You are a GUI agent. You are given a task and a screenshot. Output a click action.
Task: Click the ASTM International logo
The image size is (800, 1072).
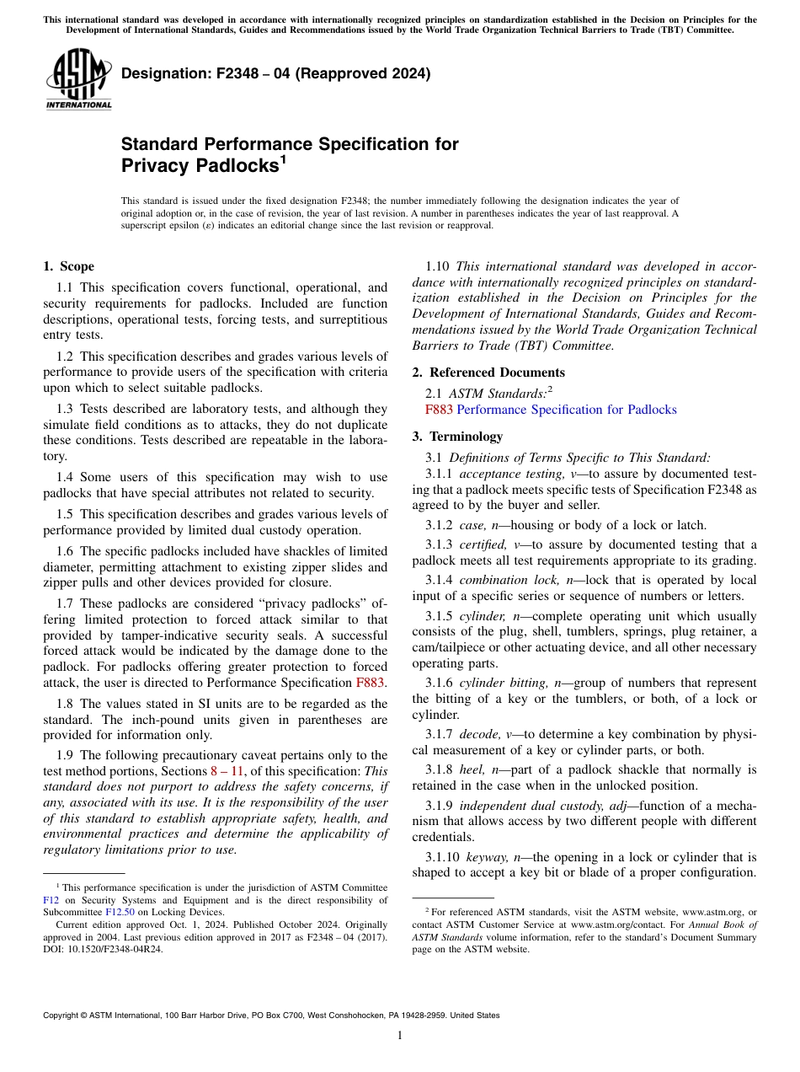pyautogui.click(x=77, y=80)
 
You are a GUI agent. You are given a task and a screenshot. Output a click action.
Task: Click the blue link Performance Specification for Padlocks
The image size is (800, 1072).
pyautogui.click(x=566, y=410)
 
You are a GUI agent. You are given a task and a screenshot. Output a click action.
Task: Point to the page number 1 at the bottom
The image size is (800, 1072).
pyautogui.click(x=400, y=1036)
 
